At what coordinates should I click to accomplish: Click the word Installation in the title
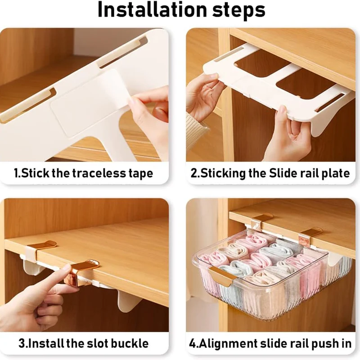tap(153, 9)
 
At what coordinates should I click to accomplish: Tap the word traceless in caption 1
tap(99, 173)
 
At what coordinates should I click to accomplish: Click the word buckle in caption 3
tap(130, 343)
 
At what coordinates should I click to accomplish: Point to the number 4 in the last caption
tap(193, 344)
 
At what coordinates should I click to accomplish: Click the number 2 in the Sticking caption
tap(194, 173)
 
